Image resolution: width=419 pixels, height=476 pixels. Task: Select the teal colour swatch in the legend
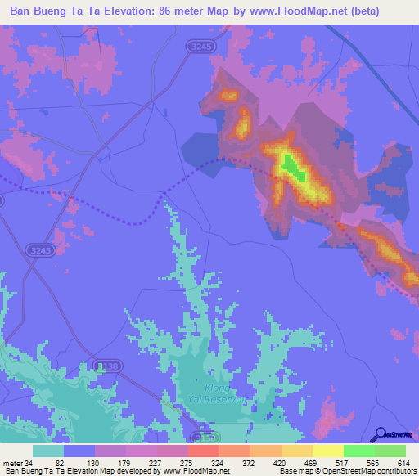(48, 451)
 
